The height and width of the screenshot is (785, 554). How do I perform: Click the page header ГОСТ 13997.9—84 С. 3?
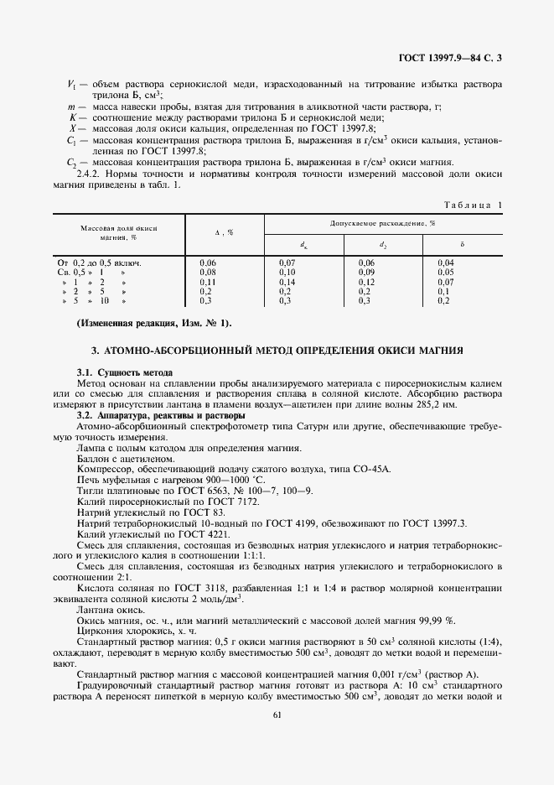tap(453, 57)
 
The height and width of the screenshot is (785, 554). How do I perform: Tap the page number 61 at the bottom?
tap(277, 715)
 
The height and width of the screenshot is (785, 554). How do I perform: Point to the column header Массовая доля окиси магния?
tap(120, 232)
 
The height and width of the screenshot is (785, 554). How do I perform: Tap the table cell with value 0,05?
tap(445, 273)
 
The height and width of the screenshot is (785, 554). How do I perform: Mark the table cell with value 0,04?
tap(445, 263)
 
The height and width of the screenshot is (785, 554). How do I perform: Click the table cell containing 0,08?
tap(209, 273)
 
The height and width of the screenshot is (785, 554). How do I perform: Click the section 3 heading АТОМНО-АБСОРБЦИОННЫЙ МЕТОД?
tap(277, 349)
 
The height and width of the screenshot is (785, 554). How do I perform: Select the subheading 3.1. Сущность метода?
tap(124, 371)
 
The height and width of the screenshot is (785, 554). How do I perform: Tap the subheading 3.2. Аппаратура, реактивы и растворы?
tap(160, 414)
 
